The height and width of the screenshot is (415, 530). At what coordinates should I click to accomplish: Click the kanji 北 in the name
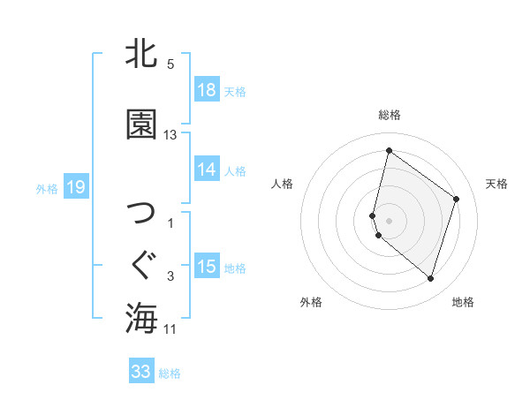(x=141, y=54)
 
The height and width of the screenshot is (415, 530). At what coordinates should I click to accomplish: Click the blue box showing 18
(x=207, y=91)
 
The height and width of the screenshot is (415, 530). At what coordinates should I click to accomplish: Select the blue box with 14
(x=207, y=170)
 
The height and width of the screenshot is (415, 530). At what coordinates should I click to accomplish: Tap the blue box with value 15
(x=207, y=267)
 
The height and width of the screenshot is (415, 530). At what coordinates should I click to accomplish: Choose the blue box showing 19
(x=75, y=187)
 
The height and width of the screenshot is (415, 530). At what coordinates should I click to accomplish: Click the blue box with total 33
(x=141, y=372)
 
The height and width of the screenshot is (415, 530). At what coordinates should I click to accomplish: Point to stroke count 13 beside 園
(x=170, y=135)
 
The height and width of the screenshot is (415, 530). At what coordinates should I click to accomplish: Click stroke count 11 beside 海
(x=170, y=329)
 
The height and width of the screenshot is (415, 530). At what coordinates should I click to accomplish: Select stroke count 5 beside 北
(x=170, y=64)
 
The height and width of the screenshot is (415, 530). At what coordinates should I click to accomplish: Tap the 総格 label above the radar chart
(x=390, y=115)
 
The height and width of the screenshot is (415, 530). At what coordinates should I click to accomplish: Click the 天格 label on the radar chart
(x=496, y=184)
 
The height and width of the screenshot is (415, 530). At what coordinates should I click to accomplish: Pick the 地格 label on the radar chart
(x=463, y=302)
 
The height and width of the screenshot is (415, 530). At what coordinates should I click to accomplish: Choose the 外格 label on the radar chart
(x=311, y=302)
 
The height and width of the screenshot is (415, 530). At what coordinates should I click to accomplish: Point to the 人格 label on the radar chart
(x=282, y=184)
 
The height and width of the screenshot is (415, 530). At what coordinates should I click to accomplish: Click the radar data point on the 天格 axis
(x=457, y=199)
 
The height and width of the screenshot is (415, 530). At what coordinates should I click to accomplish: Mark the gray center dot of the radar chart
(x=390, y=220)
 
